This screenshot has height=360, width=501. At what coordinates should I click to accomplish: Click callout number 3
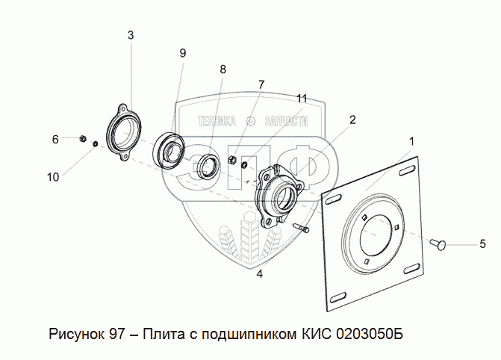pyautogui.click(x=130, y=35)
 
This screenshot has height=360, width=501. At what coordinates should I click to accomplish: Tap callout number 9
pyautogui.click(x=182, y=52)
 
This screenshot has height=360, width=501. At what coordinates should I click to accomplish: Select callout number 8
pyautogui.click(x=222, y=69)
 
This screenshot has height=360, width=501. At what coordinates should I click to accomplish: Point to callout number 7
pyautogui.click(x=261, y=84)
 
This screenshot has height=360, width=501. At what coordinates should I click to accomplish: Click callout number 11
pyautogui.click(x=301, y=98)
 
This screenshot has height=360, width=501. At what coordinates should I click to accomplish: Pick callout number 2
pyautogui.click(x=352, y=119)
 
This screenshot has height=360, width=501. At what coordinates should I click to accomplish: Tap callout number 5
pyautogui.click(x=482, y=243)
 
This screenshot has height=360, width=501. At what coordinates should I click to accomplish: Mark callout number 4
pyautogui.click(x=259, y=274)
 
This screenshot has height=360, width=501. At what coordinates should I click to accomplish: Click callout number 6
pyautogui.click(x=55, y=139)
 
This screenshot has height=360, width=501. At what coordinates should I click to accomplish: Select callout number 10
pyautogui.click(x=52, y=176)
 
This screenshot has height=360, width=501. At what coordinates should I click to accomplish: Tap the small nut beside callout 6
pyautogui.click(x=84, y=139)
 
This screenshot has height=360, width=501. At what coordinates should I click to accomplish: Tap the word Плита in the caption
pyautogui.click(x=161, y=332)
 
